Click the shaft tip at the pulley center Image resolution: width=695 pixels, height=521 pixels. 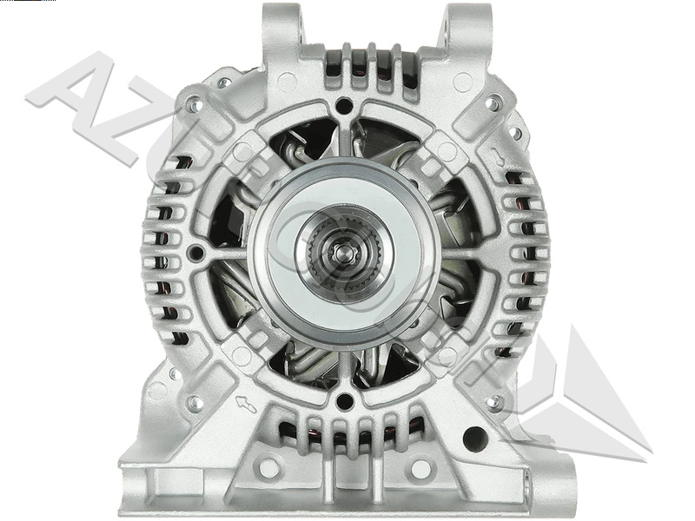point(344,253)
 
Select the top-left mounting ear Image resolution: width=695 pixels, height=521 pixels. point(286,26)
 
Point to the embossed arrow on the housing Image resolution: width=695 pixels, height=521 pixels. point(247,403)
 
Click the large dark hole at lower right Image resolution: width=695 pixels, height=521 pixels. point(475,438)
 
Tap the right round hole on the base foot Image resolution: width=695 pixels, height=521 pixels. point(421,468)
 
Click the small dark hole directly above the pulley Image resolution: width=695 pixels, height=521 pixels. point(344,106)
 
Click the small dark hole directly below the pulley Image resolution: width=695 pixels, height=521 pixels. point(344,401)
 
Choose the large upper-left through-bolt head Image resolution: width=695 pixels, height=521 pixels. point(195,105)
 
